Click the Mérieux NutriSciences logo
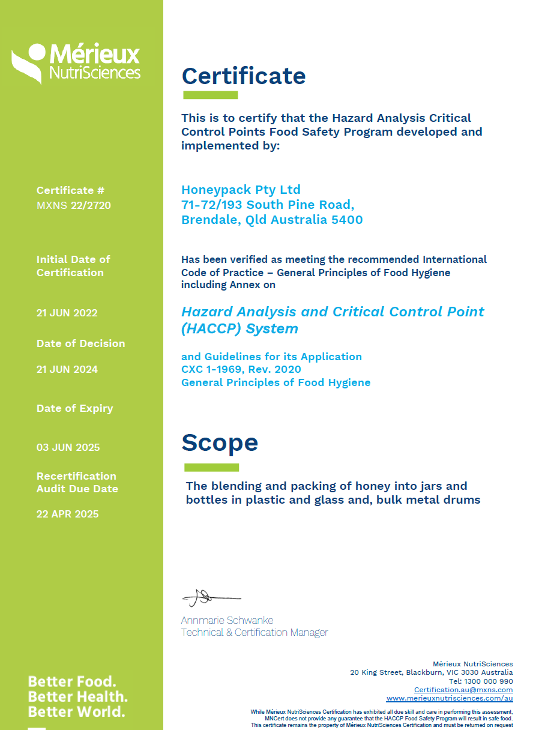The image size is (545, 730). click(x=76, y=62)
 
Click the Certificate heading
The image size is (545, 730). click(x=244, y=76)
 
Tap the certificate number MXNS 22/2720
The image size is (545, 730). click(x=74, y=206)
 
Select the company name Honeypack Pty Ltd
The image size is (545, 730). click(x=241, y=190)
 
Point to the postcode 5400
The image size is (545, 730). click(x=348, y=220)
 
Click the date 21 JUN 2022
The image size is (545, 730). click(x=67, y=313)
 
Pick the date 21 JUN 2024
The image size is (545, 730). click(x=67, y=369)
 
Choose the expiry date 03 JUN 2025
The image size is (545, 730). click(x=68, y=447)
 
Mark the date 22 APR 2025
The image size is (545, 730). click(x=67, y=514)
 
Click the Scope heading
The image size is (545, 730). click(x=220, y=443)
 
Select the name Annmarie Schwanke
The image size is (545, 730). click(x=227, y=620)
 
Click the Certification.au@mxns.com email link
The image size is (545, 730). click(x=463, y=690)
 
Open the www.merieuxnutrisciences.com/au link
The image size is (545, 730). click(x=450, y=698)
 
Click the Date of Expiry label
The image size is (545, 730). click(x=74, y=408)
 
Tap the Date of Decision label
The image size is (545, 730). click(x=80, y=343)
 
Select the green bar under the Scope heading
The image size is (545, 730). click(x=211, y=467)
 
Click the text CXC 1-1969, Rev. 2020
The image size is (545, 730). click(x=241, y=369)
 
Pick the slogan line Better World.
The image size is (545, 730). click(x=76, y=712)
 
